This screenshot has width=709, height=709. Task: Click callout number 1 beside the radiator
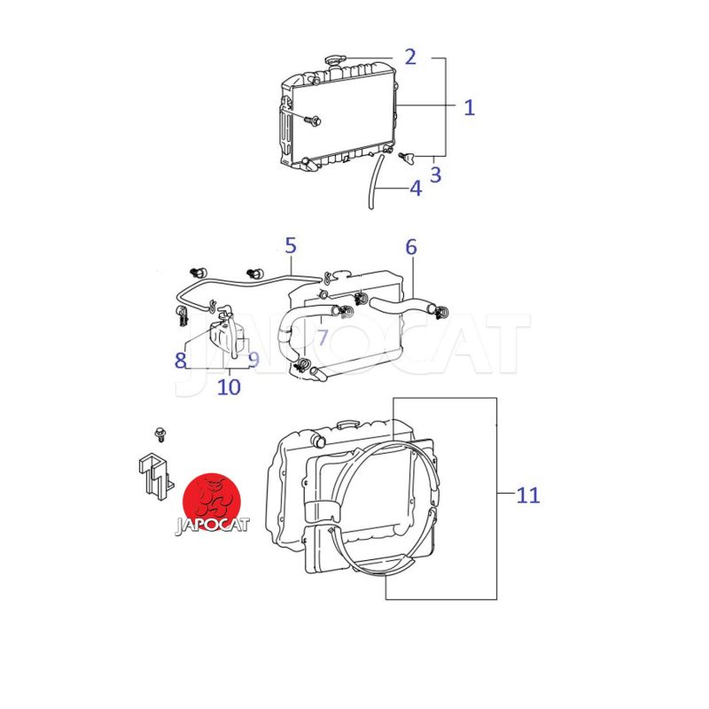[x=470, y=107]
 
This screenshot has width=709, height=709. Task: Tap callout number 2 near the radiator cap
[x=410, y=57]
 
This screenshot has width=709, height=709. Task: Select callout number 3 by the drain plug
[x=435, y=175]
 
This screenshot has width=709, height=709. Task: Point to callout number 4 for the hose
[x=416, y=188]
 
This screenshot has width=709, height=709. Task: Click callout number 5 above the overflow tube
[x=291, y=245]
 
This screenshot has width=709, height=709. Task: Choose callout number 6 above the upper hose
[x=411, y=247]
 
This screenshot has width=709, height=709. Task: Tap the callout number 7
[x=323, y=338]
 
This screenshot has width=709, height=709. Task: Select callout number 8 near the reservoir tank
[x=181, y=361]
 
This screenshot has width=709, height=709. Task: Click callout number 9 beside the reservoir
[x=254, y=360]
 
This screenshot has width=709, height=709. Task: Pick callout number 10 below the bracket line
[x=229, y=386]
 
